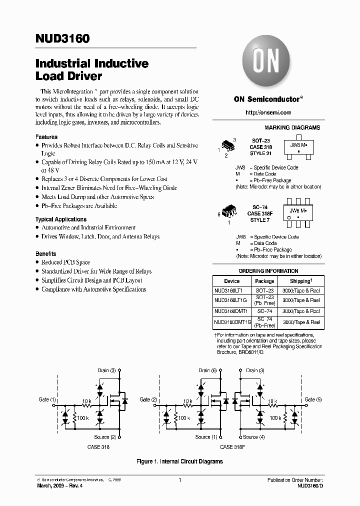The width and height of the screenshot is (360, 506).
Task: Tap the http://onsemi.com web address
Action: pos(268,112)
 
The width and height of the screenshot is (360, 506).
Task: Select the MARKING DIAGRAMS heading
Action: pos(292,128)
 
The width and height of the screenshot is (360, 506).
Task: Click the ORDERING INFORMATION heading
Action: pos(268,271)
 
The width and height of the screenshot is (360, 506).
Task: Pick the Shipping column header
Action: pos(300,281)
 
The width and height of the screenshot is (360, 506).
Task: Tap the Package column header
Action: pos(264,281)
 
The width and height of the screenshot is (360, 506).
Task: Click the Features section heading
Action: pos(46,136)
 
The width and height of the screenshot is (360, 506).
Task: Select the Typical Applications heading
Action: pos(60,219)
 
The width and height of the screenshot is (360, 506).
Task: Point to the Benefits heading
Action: pos(46,253)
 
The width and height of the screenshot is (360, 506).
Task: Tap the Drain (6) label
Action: pos(207,370)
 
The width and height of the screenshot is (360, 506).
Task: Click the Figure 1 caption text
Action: pos(179,461)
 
